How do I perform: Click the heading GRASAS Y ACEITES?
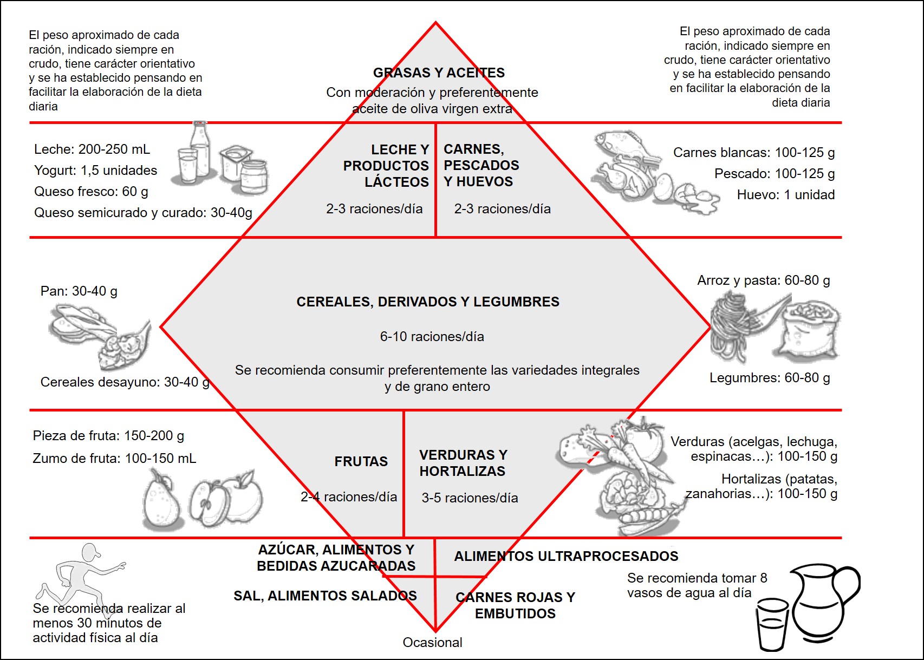[x=439, y=73]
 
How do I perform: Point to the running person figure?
[x=81, y=574]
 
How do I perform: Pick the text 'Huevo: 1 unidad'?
[x=785, y=195]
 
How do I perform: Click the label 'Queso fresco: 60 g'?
[x=91, y=192]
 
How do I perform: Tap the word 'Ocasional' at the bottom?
[x=432, y=643]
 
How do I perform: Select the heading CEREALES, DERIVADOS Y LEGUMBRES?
[x=428, y=302]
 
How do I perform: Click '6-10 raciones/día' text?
[x=432, y=337]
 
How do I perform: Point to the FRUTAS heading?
[x=361, y=462]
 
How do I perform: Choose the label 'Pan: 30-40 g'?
[x=79, y=291]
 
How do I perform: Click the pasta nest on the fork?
[x=731, y=325]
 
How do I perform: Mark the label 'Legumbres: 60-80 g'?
[x=769, y=378]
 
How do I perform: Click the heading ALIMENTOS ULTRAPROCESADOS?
[x=566, y=557]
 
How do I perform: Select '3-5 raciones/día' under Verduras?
[x=470, y=498]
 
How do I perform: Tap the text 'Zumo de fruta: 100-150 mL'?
[x=114, y=459]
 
